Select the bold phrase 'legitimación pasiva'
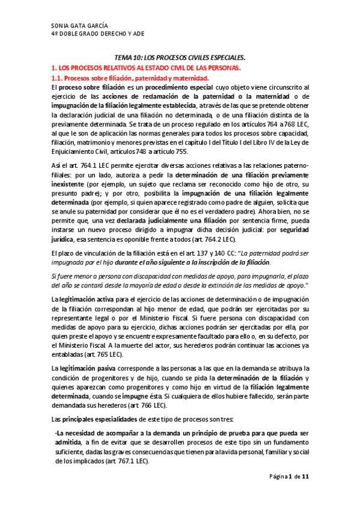coord(90,367)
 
